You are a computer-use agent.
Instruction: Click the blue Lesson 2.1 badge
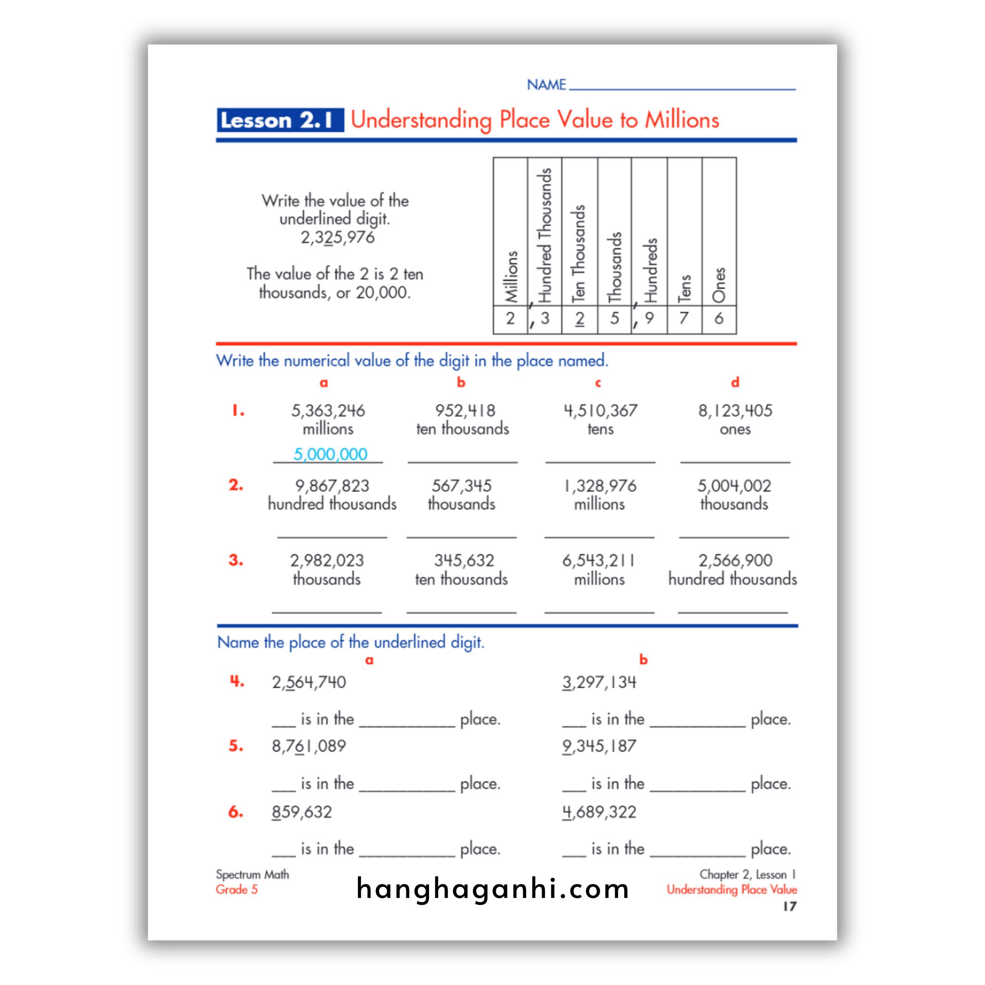pos(280,120)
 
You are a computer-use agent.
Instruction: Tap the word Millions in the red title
pos(682,120)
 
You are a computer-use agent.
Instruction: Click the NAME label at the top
pos(546,85)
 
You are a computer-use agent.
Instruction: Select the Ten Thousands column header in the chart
pos(579,253)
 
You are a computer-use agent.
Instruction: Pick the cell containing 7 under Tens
pos(684,319)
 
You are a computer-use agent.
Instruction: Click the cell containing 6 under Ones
pos(719,319)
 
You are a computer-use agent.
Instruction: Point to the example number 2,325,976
pos(338,238)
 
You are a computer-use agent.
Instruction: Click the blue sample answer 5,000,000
pos(330,454)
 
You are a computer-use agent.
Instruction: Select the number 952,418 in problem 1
pos(465,411)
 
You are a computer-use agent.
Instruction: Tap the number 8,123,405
pos(735,411)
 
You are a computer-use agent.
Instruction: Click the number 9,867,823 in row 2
pos(332,486)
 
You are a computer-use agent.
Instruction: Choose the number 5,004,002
pos(734,486)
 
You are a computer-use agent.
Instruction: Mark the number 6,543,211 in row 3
pos(599,561)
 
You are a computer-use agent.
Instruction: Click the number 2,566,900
pos(735,561)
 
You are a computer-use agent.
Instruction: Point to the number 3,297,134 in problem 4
pos(599,682)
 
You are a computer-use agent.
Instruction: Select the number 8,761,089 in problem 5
pos(309,746)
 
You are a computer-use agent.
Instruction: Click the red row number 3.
pos(236,560)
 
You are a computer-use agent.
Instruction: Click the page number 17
pos(789,907)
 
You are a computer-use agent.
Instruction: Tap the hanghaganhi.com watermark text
pos(492,889)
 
